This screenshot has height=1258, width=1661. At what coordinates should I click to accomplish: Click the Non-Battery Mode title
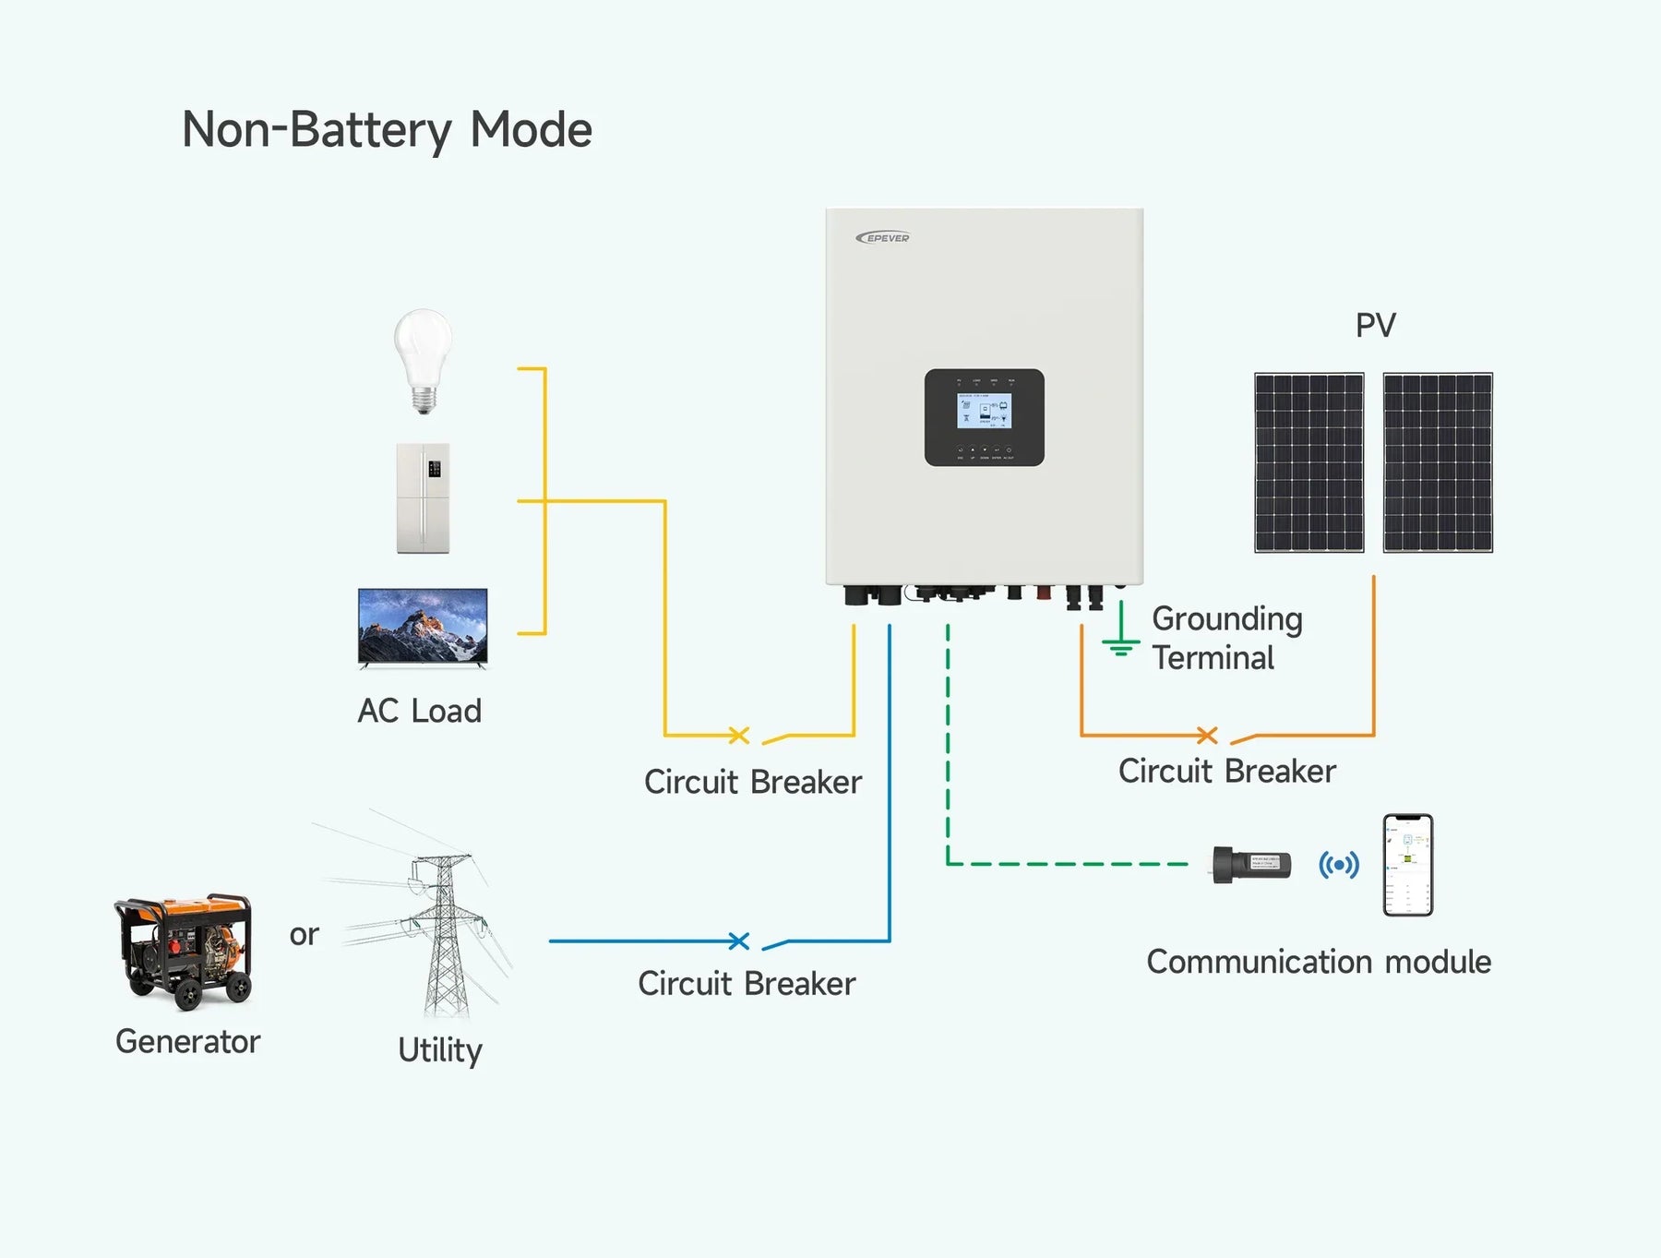tap(387, 130)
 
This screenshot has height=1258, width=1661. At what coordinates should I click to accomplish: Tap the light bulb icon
tap(423, 360)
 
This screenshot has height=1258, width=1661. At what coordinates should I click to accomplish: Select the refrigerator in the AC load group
tap(424, 498)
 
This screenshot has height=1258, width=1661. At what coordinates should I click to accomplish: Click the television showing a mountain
tap(423, 627)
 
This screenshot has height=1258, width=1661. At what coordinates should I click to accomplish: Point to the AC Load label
tap(420, 712)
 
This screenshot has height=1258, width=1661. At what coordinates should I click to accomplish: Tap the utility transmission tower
tap(445, 932)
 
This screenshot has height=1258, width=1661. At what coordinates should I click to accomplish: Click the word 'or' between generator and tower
tap(304, 935)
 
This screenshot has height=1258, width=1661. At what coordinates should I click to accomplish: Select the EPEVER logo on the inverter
tap(883, 238)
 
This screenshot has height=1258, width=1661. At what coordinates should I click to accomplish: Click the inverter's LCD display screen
tap(984, 412)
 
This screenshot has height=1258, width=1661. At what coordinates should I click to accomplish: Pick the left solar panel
tap(1308, 462)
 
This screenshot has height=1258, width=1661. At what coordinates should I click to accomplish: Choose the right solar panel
tap(1437, 462)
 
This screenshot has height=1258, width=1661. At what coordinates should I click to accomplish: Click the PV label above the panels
tap(1375, 326)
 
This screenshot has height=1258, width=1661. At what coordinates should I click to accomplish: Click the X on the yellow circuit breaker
tap(738, 736)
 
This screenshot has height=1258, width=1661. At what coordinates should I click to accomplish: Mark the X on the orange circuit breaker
tap(1207, 736)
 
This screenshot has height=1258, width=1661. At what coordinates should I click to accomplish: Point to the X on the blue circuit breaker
tap(738, 941)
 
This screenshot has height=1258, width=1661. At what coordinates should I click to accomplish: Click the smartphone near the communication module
tap(1407, 865)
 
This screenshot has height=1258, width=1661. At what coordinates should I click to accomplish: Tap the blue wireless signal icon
tap(1338, 865)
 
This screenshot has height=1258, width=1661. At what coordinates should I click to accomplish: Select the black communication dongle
tap(1251, 865)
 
